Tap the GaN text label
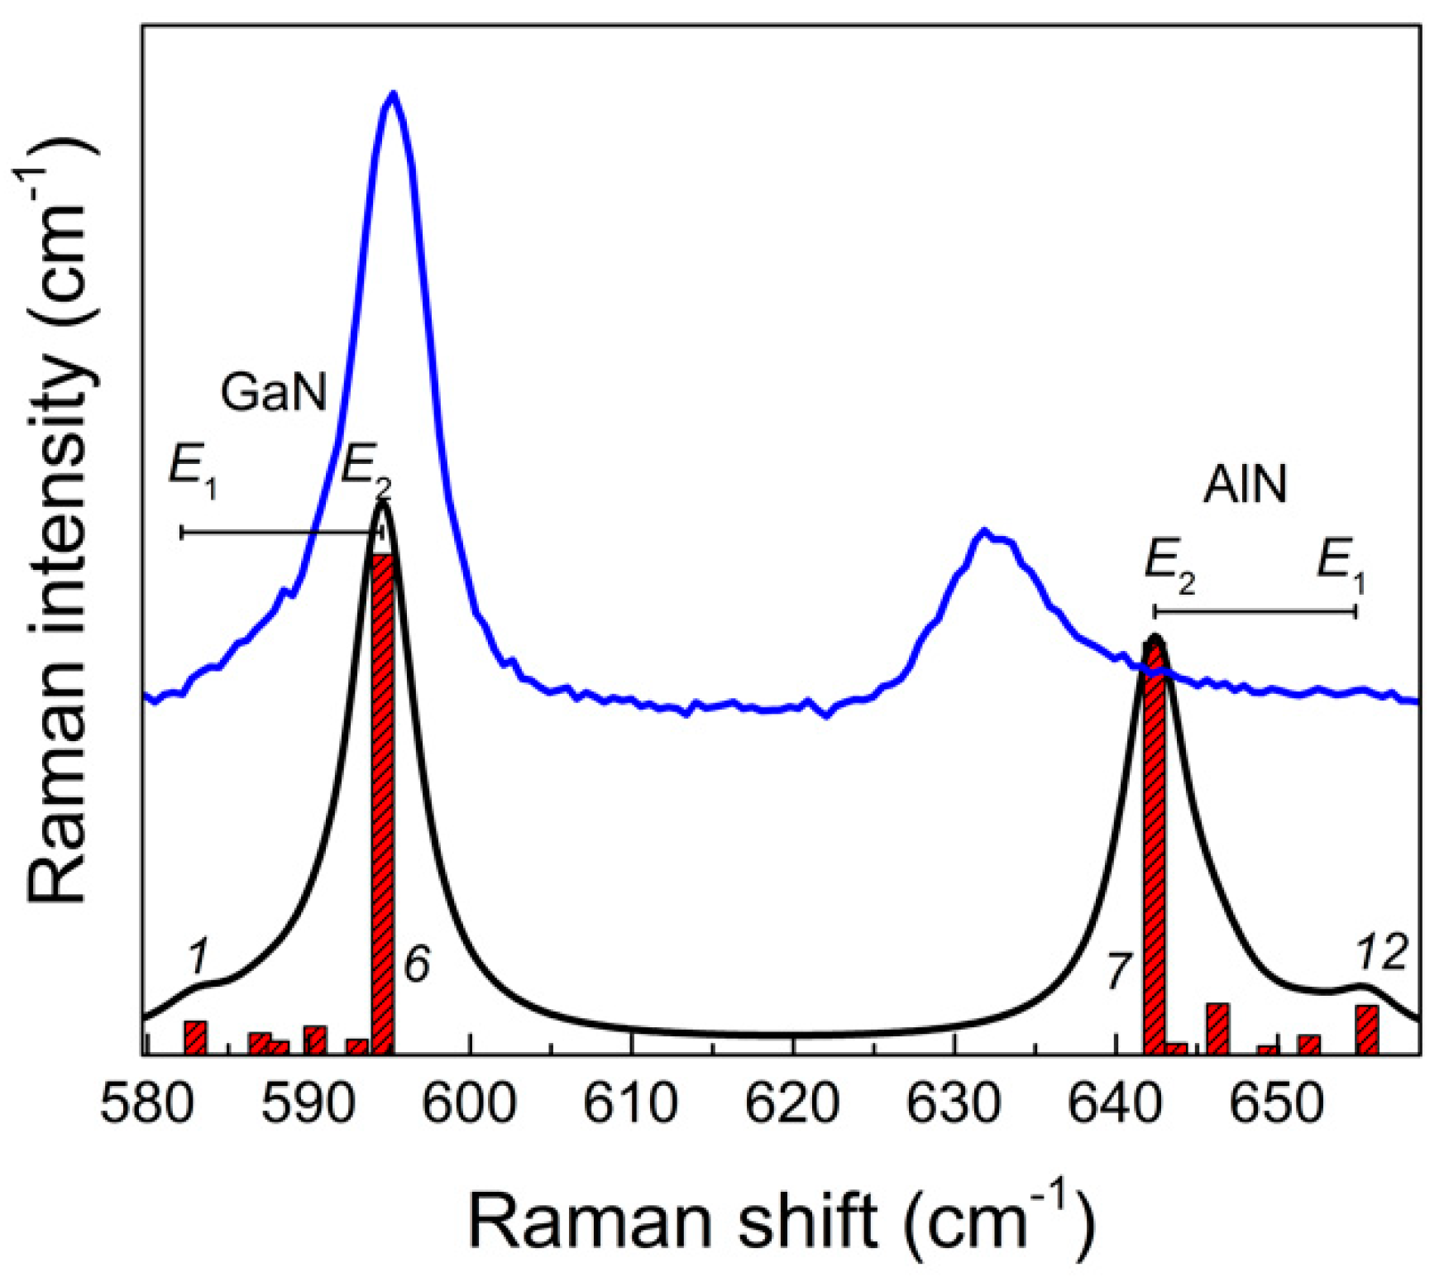tap(274, 392)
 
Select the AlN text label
tap(1246, 484)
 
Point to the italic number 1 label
tap(197, 958)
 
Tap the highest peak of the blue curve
tap(394, 94)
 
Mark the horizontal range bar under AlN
tap(1254, 611)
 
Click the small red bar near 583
tap(195, 1037)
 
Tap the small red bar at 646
tap(1217, 1028)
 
